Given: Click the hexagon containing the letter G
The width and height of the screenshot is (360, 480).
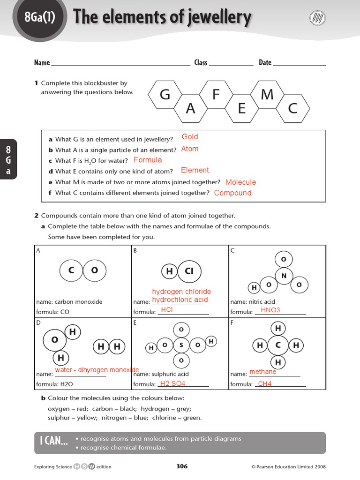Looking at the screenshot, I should (x=165, y=95).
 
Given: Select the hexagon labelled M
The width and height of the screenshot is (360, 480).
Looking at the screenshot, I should (x=267, y=95).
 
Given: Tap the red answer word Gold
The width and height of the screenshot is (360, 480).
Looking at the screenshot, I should (x=190, y=137).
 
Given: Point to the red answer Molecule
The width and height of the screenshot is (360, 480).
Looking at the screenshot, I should (x=240, y=182).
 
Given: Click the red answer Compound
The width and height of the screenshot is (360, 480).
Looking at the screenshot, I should (x=232, y=193).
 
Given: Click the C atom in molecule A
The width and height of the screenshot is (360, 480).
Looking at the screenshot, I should (x=71, y=270).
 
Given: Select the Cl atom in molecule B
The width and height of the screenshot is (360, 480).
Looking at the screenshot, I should (x=188, y=271).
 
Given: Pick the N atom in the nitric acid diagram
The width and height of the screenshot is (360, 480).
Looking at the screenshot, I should (x=284, y=276).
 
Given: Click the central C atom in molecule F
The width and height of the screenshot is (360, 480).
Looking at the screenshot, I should (x=278, y=346).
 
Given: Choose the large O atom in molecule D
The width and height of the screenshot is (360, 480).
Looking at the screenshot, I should (x=55, y=340).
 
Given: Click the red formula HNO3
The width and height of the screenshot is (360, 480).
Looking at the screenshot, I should (x=270, y=310).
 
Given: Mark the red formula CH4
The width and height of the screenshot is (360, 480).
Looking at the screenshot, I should (x=265, y=384).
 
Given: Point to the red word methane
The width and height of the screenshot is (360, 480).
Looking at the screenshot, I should (x=262, y=372).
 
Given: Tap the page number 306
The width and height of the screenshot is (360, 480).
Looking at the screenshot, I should (x=182, y=466).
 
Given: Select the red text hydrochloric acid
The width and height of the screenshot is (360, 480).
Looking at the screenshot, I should (x=180, y=300).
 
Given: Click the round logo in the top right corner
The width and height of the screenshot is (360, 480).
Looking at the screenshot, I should (x=317, y=18).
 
